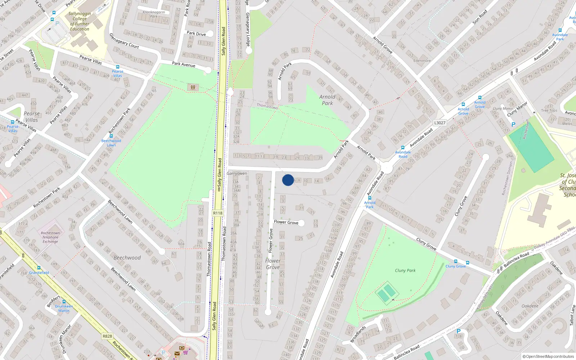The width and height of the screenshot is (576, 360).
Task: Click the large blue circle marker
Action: pos(288,180)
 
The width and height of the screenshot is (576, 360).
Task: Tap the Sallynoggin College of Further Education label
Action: pos(80,21)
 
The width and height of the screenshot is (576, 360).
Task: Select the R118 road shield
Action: pos(217,213)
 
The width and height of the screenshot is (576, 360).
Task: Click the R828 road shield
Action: pos(107,336)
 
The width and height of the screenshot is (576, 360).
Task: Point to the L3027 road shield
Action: pos(440,123)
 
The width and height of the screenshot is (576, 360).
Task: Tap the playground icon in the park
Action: pos(193,87)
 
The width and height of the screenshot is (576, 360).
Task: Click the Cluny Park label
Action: pos(405,270)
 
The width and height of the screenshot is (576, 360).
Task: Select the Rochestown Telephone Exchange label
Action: pos(50,237)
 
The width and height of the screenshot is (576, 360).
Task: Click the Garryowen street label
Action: pos(237,174)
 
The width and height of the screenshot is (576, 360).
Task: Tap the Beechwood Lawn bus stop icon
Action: pos(111,136)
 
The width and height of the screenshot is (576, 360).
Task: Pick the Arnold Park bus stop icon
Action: pos(369,198)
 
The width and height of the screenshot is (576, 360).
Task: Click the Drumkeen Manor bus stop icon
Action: pos(64,302)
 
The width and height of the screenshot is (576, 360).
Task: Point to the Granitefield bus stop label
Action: pos(39,273)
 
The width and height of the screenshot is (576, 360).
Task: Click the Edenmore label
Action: pos(422,60)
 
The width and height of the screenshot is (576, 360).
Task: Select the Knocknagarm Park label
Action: pos(154,14)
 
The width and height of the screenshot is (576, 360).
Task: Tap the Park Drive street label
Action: pos(196,33)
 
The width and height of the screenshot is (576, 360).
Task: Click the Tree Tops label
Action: pos(549,111)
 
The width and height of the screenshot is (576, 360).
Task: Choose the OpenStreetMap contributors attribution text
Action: pos(548,356)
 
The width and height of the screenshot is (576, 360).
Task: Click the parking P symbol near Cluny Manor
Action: pos(513,125)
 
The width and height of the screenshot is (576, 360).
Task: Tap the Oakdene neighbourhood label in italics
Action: pos(530,306)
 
